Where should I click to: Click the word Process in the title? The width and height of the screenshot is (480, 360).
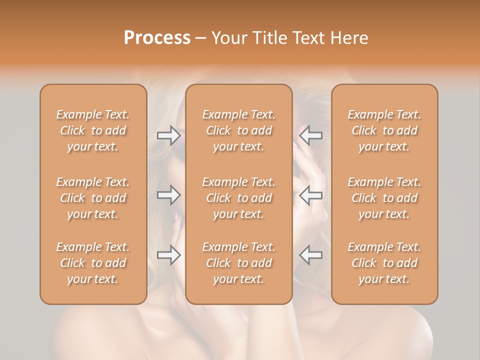coord(157,38)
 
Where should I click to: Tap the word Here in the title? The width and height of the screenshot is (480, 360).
coord(349,38)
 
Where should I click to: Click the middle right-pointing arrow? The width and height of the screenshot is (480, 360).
coord(168,195)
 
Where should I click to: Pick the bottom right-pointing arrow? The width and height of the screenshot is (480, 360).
coord(168,255)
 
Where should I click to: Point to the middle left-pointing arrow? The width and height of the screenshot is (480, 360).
coord(311,195)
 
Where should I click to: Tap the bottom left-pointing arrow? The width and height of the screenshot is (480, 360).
coord(311,255)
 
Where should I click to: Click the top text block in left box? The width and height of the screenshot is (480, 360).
coord(93,130)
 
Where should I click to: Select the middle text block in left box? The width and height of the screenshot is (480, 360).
coord(93,198)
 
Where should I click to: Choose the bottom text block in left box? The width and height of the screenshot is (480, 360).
coord(93,263)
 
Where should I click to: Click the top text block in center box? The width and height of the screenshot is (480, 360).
coord(239,130)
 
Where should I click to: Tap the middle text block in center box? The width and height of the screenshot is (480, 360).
coord(239,198)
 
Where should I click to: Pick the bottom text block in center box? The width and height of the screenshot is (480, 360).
coord(239,263)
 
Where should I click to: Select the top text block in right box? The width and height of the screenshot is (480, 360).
coord(384,130)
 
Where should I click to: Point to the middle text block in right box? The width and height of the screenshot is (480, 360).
coord(384,198)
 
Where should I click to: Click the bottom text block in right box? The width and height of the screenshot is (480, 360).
coord(384,263)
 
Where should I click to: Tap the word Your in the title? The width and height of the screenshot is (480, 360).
coord(228,38)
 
